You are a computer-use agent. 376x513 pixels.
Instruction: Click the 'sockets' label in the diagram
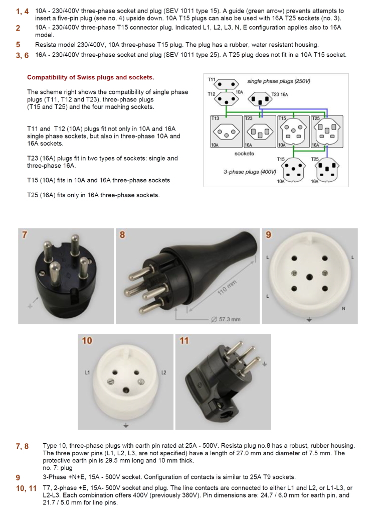[x=244, y=153]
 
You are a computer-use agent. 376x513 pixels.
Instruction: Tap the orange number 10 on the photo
[x=87, y=341]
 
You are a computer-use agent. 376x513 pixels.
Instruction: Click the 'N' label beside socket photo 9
[x=343, y=308]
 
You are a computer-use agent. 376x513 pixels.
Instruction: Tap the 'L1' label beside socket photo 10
[x=87, y=373]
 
